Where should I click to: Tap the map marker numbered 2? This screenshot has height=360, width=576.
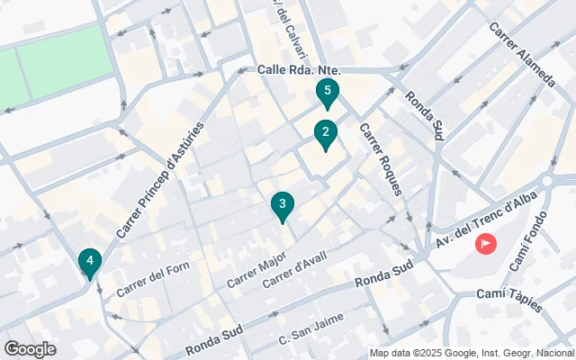[325, 134]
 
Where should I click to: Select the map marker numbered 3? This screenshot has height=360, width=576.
[283, 206]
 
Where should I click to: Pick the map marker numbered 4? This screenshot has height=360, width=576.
[88, 262]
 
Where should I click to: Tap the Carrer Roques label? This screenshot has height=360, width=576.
[381, 159]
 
